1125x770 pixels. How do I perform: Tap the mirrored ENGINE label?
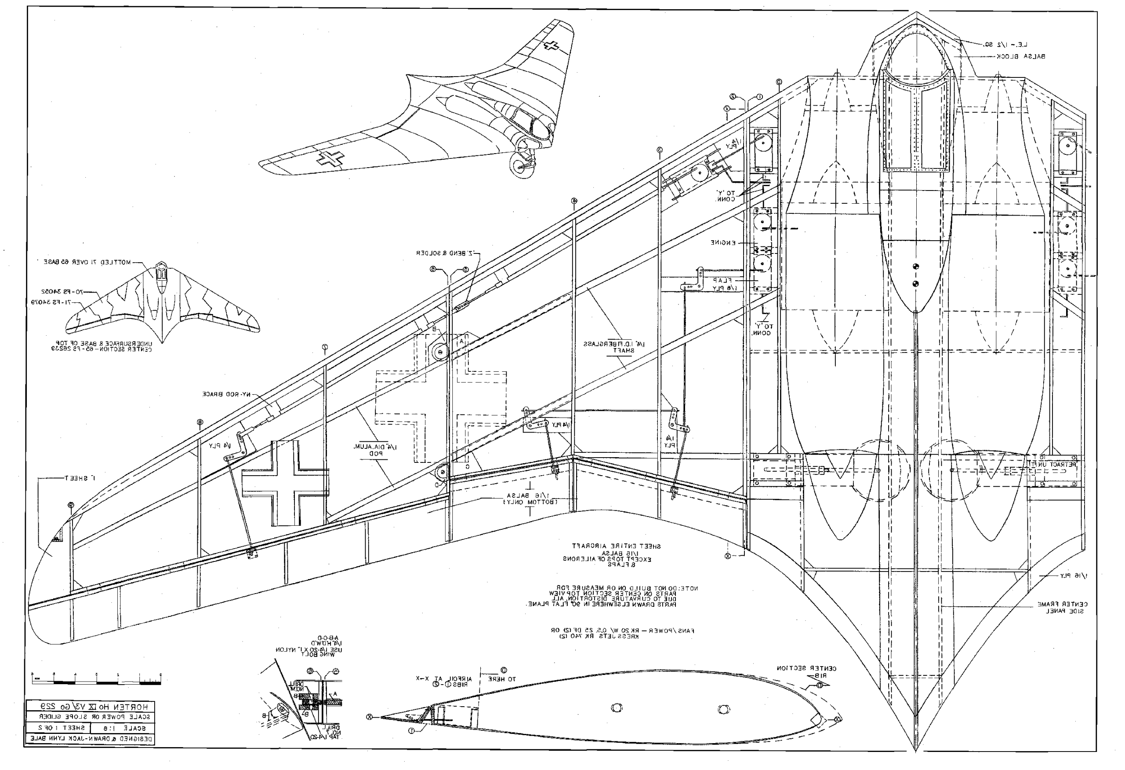click(723, 243)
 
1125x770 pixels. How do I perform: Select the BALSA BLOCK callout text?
click(1020, 57)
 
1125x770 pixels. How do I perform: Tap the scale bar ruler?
click(96, 679)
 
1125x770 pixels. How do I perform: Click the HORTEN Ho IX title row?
click(90, 706)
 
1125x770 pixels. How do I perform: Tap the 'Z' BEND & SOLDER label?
click(447, 253)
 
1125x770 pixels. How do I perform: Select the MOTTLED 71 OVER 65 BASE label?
click(87, 262)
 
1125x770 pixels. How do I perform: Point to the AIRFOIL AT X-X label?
click(436, 681)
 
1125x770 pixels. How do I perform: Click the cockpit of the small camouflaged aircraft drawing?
click(160, 273)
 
